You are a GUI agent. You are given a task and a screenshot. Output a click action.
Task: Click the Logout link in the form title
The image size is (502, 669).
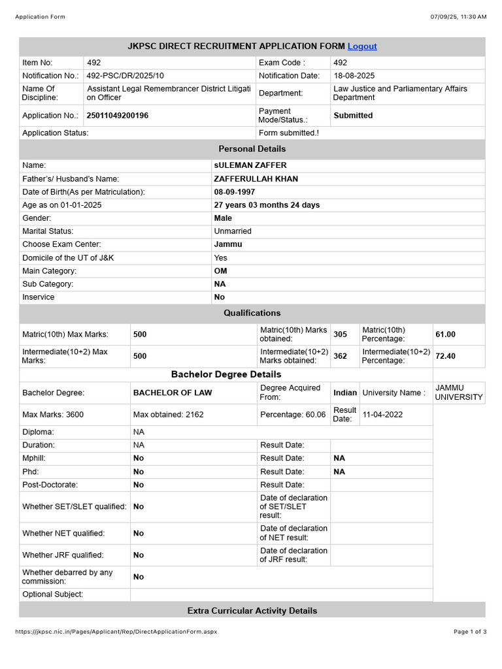[362, 46]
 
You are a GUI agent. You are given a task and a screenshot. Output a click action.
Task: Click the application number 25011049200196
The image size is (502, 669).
[118, 116]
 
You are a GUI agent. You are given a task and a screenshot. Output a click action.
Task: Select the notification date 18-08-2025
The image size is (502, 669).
[354, 76]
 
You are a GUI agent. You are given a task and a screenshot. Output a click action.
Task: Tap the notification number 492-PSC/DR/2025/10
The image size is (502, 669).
[125, 76]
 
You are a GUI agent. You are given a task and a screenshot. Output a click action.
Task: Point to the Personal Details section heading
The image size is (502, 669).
[252, 149]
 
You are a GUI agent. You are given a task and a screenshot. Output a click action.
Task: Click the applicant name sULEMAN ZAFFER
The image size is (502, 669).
[250, 165]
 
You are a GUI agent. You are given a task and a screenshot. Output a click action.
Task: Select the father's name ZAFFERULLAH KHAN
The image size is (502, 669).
[256, 179]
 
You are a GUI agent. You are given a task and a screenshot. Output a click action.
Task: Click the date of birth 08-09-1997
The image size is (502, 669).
[235, 192]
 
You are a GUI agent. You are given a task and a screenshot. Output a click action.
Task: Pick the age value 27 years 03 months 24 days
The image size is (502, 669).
[267, 205]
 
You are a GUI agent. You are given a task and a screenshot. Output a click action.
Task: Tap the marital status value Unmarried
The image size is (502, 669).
[233, 231]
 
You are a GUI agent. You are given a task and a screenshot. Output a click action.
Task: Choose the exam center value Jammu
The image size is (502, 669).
[228, 244]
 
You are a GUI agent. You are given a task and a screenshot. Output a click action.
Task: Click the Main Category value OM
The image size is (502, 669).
[220, 270]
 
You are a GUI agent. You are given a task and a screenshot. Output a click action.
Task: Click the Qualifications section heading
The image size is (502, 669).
[252, 313]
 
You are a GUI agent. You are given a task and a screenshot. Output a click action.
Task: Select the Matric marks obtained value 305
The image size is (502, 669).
[341, 334]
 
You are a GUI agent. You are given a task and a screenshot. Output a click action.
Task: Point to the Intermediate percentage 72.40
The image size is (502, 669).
[446, 356]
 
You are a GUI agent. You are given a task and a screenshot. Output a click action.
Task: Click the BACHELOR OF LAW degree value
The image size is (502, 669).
[173, 393]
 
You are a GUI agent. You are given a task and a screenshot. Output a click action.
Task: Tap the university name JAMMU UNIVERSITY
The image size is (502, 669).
[459, 393]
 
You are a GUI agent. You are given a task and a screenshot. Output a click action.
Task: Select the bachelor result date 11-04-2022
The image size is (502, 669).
[383, 414]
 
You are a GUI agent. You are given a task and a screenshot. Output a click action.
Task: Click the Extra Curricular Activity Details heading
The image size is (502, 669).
[252, 611]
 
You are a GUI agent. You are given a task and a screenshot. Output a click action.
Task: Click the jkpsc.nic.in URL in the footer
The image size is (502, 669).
[116, 632]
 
